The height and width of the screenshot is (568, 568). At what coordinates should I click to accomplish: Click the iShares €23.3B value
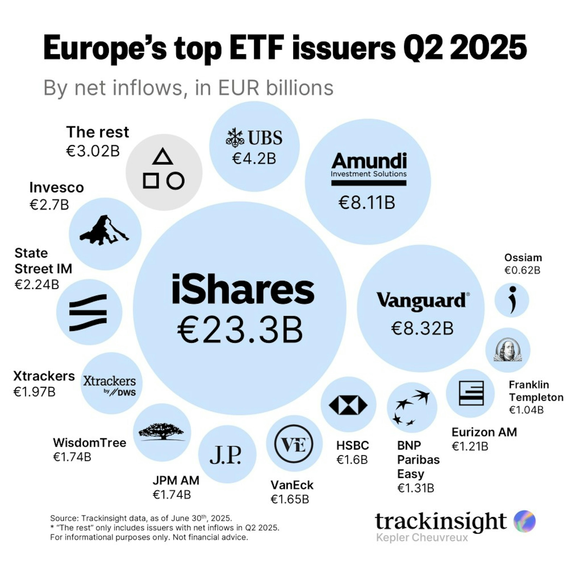pyautogui.click(x=240, y=330)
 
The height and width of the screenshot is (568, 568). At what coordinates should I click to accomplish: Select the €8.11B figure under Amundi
pyautogui.click(x=367, y=203)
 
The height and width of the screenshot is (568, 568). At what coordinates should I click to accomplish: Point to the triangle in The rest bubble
pyautogui.click(x=163, y=157)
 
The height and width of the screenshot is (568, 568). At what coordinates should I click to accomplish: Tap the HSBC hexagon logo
pyautogui.click(x=348, y=405)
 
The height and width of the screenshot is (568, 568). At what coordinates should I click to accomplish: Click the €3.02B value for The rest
pyautogui.click(x=93, y=151)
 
